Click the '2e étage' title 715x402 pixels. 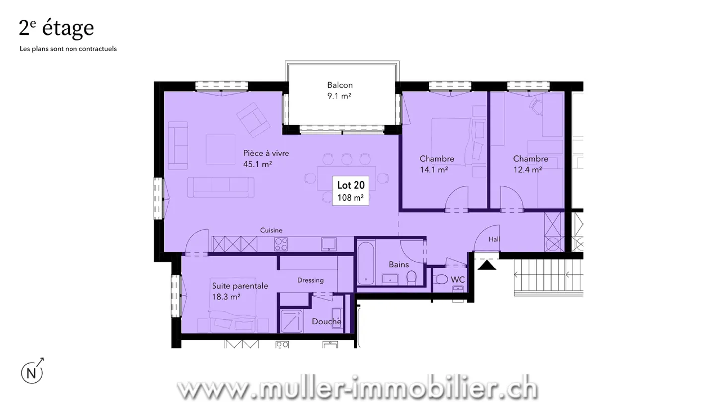tap(56, 28)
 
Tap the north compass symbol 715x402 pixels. tap(32, 372)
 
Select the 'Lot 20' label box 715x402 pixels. tap(351, 191)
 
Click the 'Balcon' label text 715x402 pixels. tap(340, 85)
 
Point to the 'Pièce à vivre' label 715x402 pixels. tap(266, 153)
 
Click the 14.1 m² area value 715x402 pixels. tap(433, 170)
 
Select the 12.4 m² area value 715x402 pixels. tap(527, 170)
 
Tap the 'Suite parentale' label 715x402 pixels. tap(240, 286)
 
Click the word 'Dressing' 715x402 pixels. tap(310, 280)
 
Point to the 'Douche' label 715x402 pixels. tap(326, 322)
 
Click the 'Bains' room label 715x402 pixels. tap(399, 264)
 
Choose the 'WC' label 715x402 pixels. tap(458, 280)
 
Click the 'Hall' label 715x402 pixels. tap(494, 239)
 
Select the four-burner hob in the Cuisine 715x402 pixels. tap(281, 244)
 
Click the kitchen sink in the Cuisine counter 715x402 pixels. tap(328, 243)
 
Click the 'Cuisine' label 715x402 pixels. tap(271, 230)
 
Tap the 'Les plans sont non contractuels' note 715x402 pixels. tap(68, 49)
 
